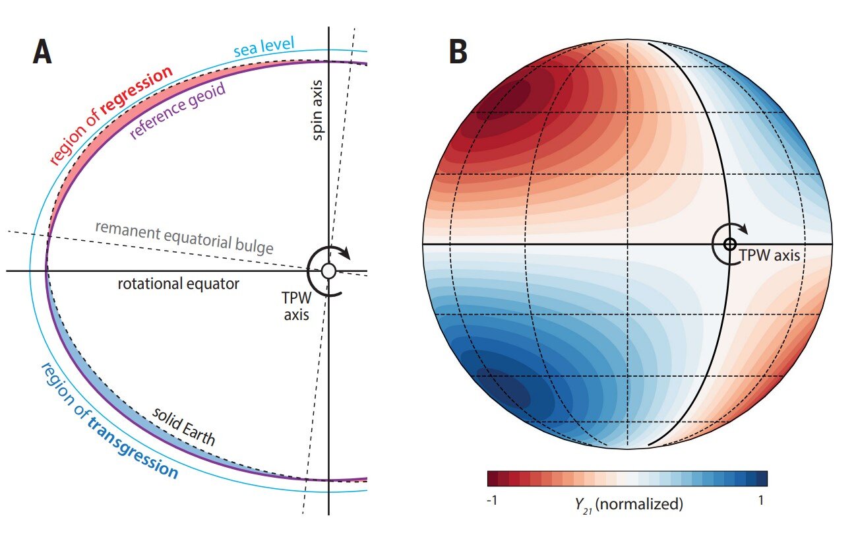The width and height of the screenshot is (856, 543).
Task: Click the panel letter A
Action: tap(42, 52)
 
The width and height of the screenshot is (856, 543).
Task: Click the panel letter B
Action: tap(458, 52)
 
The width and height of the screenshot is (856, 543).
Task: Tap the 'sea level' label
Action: tap(264, 47)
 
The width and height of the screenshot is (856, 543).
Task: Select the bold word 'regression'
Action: tap(137, 90)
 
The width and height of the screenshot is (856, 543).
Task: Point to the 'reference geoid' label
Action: tap(177, 110)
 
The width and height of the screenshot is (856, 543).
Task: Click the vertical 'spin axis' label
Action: tap(318, 110)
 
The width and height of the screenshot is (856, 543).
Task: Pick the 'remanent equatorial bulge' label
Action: tap(184, 238)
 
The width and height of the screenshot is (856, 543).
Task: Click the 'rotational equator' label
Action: tap(179, 284)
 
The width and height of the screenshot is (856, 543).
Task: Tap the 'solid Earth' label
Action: tap(184, 427)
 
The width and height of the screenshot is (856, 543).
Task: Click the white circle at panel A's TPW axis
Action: tap(328, 271)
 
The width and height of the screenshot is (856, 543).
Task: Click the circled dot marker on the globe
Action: tap(729, 244)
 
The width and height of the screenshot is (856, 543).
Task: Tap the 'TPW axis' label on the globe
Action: tap(769, 255)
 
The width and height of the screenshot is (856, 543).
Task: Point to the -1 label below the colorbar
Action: tap(492, 500)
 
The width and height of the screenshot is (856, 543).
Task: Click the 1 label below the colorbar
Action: tap(761, 500)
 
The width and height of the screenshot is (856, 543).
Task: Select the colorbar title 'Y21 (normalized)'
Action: tap(629, 504)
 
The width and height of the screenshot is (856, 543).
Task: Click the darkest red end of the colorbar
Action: tap(493, 478)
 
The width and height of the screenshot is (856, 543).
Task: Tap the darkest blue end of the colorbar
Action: tap(762, 478)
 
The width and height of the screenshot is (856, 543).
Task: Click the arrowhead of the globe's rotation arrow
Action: tap(743, 228)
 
